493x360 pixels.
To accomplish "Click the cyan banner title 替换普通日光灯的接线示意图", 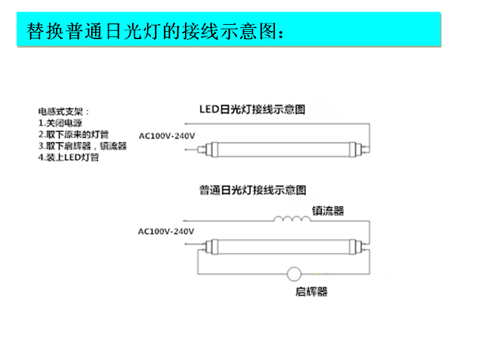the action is point(155,31).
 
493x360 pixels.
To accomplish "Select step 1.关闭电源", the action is point(60,123).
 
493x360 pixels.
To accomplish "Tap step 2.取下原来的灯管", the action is point(74,135).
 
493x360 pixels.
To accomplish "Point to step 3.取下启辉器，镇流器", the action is point(82,146).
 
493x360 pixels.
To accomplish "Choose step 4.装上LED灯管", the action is point(68,157).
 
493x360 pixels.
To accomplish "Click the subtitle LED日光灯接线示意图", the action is point(252,109).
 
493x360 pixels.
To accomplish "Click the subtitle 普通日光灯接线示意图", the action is point(253,190).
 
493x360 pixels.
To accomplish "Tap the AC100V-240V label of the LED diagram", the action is point(167,136).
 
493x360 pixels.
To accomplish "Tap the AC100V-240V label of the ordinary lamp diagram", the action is point(166,231).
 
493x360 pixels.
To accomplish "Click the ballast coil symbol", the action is point(292,219).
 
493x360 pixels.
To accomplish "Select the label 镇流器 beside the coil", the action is point(328,211).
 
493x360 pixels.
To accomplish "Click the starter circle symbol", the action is point(294,274).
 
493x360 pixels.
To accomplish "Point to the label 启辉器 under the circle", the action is point(311,292).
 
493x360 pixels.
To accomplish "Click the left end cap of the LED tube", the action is point(212,149).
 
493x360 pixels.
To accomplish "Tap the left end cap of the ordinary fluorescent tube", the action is point(212,247).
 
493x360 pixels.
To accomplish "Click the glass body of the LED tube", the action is point(283,149).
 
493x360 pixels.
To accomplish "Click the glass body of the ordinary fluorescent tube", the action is point(283,247).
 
